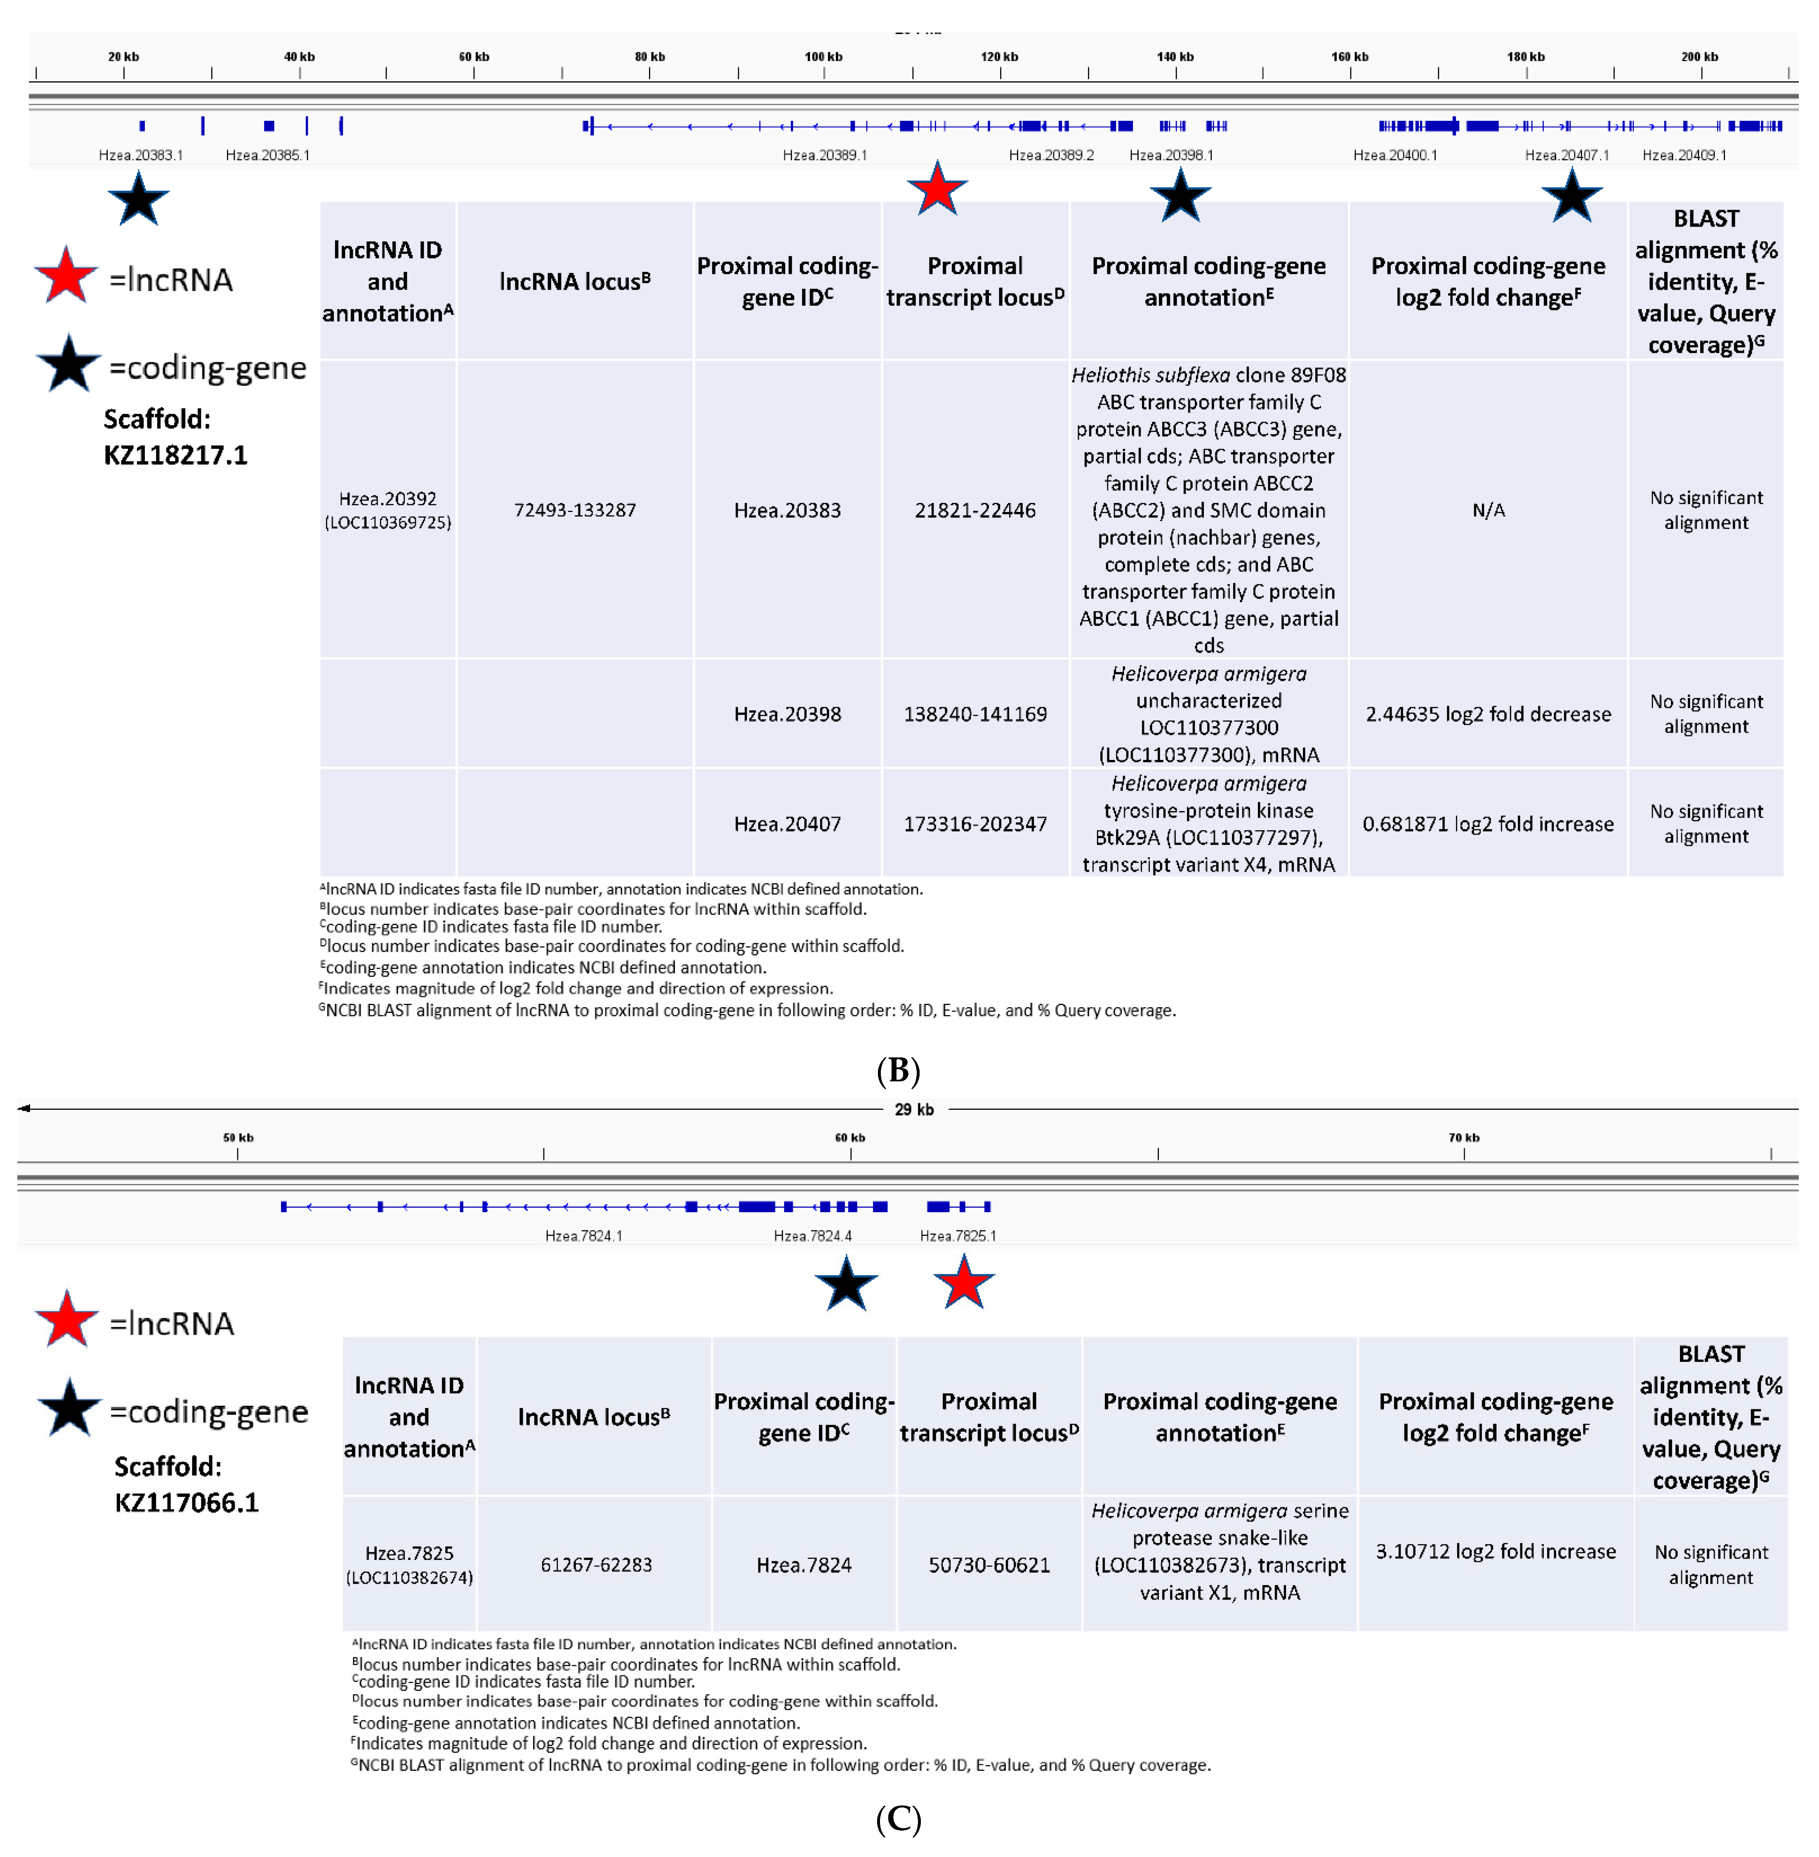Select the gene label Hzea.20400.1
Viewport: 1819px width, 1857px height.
pyautogui.click(x=1395, y=155)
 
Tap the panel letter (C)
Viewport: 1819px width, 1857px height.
pyautogui.click(x=898, y=1820)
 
